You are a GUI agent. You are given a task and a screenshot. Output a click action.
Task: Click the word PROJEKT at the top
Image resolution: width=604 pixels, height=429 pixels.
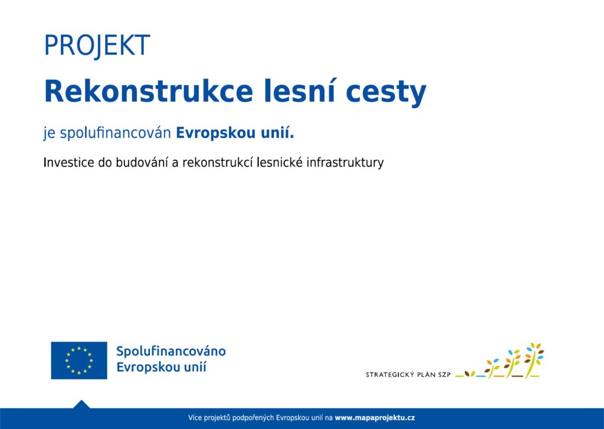97,45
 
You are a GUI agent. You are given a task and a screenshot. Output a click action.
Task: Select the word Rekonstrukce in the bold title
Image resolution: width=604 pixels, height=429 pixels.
149,91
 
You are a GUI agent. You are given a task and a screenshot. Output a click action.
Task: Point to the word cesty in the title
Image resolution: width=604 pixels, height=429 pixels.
386,94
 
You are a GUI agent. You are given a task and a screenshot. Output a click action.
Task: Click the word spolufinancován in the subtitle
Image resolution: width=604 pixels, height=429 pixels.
116,133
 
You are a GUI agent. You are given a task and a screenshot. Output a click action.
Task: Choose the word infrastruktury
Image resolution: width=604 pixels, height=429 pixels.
345,163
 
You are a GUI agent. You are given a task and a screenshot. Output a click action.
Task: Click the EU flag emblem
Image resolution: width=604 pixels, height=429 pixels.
79,361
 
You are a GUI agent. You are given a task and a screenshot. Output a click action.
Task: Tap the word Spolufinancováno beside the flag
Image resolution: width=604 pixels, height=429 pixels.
171,352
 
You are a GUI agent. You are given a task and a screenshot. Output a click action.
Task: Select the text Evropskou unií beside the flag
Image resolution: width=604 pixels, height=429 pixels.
162,367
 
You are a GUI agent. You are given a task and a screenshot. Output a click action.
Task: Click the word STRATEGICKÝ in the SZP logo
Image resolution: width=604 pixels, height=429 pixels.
390,374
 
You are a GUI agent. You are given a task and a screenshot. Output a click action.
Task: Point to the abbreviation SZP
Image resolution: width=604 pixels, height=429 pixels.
444,374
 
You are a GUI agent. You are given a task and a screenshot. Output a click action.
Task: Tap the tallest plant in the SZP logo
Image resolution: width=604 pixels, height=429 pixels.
534,359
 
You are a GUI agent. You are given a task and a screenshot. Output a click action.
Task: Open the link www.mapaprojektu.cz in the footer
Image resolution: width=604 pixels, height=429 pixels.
375,417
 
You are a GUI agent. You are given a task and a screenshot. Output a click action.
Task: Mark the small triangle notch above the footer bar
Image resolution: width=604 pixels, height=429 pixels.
81,404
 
